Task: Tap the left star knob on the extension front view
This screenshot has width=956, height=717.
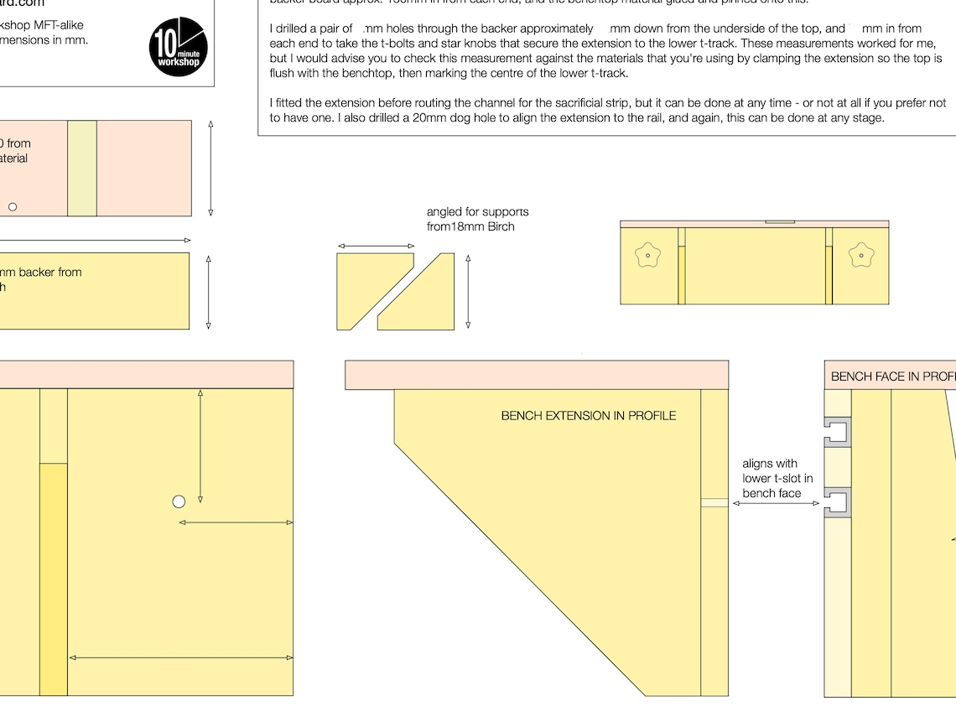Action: (x=648, y=254)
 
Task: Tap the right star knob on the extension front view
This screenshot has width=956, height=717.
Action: (x=860, y=254)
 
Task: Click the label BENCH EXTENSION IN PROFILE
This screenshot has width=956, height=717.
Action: (x=588, y=415)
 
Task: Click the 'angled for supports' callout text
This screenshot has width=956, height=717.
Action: (x=477, y=219)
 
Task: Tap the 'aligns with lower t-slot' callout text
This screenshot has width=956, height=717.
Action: (x=772, y=478)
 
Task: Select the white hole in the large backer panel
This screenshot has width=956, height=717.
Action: (x=179, y=501)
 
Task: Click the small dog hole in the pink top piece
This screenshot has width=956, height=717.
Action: (x=13, y=206)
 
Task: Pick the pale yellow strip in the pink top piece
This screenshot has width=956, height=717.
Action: (x=82, y=168)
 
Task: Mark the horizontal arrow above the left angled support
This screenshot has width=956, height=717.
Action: (x=376, y=247)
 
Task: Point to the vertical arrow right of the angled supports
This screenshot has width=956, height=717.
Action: (x=468, y=291)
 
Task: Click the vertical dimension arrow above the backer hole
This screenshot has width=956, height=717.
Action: (x=200, y=444)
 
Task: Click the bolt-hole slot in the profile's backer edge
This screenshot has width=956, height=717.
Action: (x=714, y=503)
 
